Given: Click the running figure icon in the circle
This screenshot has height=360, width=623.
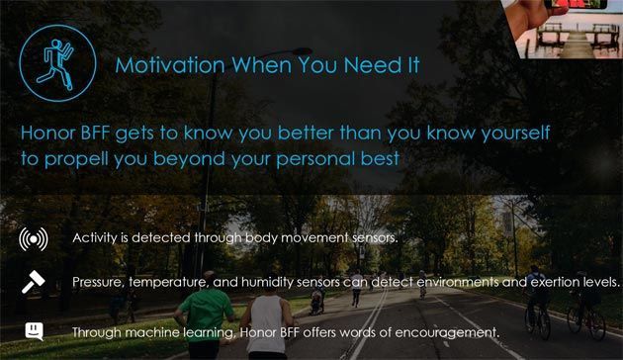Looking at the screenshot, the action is point(55,63).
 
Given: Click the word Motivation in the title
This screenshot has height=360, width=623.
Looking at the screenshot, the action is point(170,65).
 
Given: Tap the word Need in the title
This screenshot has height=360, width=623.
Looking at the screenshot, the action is point(372,65).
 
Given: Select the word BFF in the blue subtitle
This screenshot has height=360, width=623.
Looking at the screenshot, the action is point(95,133).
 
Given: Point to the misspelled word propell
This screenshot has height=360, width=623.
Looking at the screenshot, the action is point(76,159).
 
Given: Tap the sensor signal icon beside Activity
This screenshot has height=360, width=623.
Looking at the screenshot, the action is point(34,239).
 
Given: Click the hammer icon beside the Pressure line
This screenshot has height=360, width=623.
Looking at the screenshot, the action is point(34,282).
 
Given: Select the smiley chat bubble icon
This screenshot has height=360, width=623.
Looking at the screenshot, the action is point(35,331).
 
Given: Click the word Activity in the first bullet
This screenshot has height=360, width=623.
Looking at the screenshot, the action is point(95,238).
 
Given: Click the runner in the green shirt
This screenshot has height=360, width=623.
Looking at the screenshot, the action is point(205,315).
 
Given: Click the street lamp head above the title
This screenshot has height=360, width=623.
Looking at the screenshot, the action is point(301,50).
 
